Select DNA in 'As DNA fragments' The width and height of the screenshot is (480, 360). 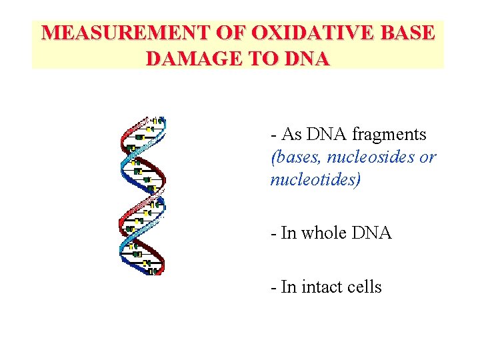point(327,134)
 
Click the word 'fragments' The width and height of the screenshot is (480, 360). point(389,135)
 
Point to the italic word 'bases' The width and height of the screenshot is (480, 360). point(294,157)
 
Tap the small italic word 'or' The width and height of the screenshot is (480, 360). point(428,158)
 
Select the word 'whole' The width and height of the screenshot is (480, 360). point(323,233)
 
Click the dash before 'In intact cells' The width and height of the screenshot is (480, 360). point(273,287)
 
